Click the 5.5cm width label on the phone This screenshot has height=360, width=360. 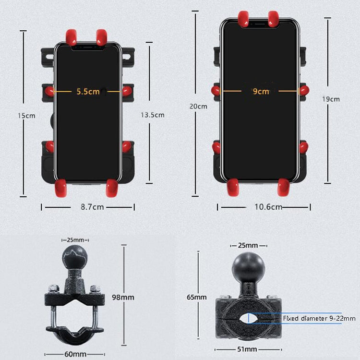click(x=88, y=91)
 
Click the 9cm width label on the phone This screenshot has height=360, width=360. click(x=261, y=91)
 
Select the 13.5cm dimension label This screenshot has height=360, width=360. click(x=153, y=115)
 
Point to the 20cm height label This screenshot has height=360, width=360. click(x=199, y=107)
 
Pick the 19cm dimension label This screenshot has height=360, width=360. click(x=331, y=99)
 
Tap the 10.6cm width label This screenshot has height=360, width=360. click(x=267, y=207)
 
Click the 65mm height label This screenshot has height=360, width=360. click(x=197, y=297)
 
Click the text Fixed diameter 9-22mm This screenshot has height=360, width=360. click(x=319, y=318)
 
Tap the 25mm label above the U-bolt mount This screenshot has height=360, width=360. click(x=76, y=240)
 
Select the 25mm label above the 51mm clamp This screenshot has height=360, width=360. click(x=248, y=245)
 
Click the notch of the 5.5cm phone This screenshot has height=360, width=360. click(x=87, y=47)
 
